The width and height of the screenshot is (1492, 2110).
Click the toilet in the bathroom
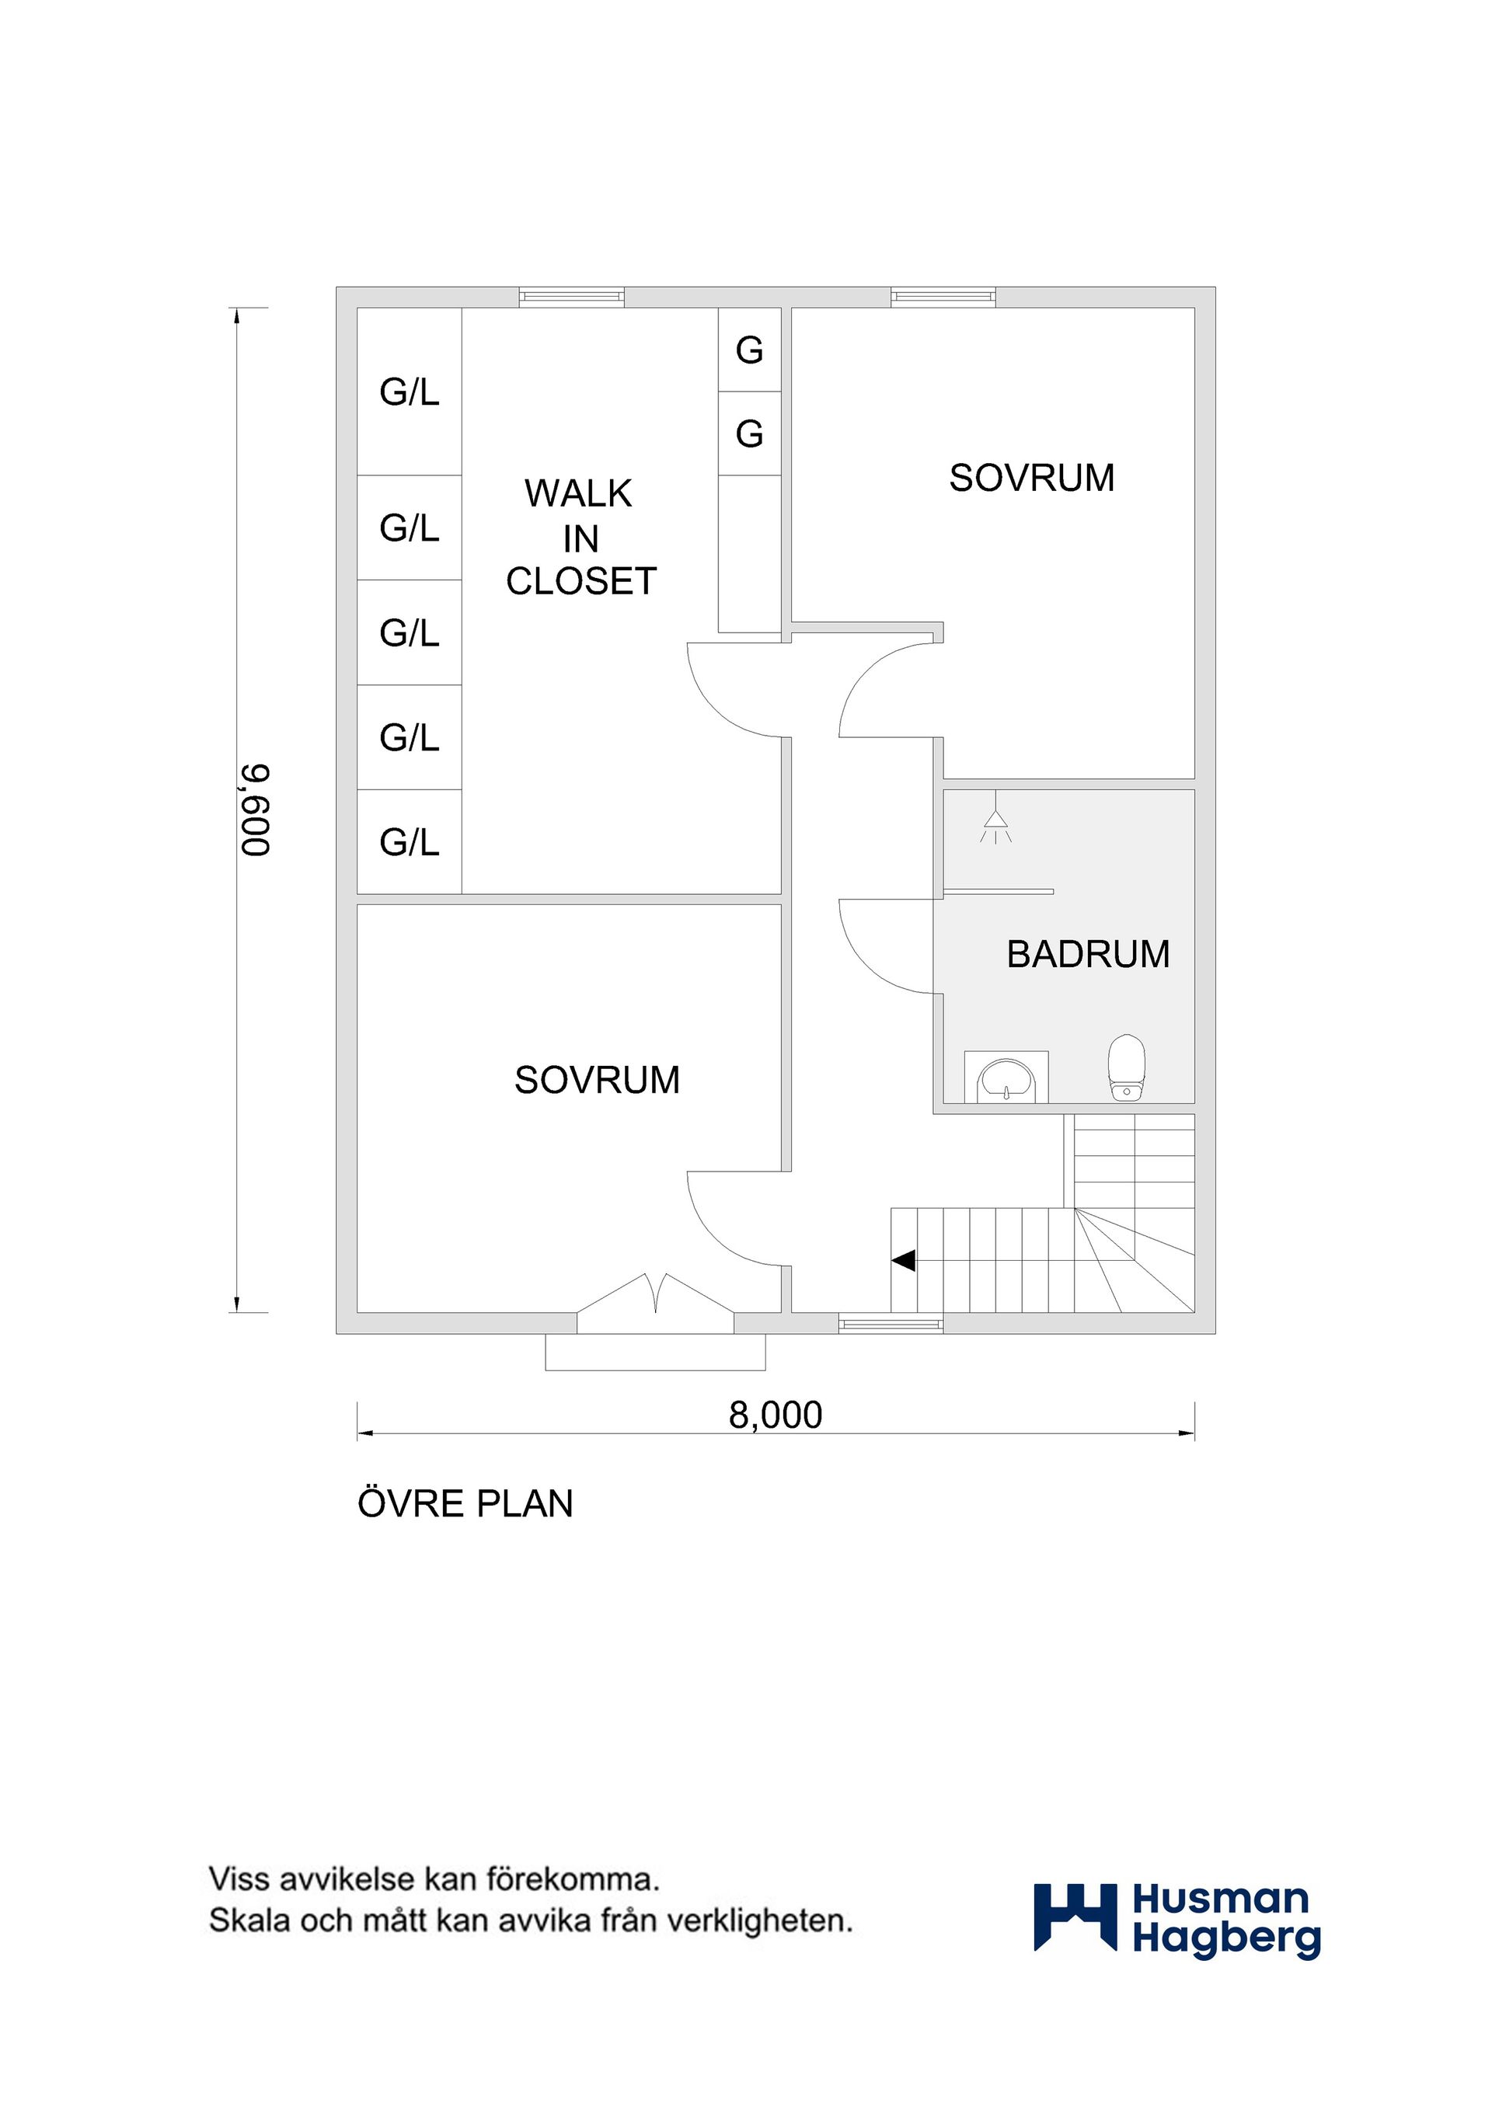pyautogui.click(x=1126, y=1068)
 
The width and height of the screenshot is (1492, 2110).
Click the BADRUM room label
pyautogui.click(x=1089, y=954)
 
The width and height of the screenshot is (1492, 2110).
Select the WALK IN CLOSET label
pyautogui.click(x=581, y=537)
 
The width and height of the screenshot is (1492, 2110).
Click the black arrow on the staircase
pyautogui.click(x=903, y=1260)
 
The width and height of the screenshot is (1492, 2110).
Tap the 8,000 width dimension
pyautogui.click(x=775, y=1415)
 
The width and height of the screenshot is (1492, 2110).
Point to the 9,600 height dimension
pyautogui.click(x=256, y=810)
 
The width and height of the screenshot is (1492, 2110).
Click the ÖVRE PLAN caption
pyautogui.click(x=465, y=1503)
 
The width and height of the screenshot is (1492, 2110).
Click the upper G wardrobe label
pyautogui.click(x=749, y=350)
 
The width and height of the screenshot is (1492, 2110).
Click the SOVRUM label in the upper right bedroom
pyautogui.click(x=1031, y=478)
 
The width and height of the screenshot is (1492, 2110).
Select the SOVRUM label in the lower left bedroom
pyautogui.click(x=597, y=1080)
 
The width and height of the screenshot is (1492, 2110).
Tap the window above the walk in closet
pyautogui.click(x=572, y=297)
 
